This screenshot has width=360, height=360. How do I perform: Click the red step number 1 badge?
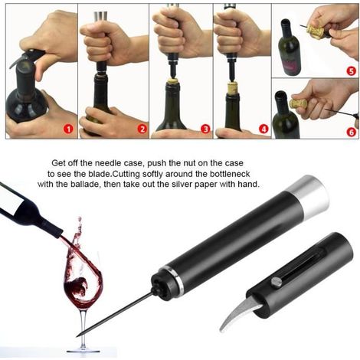[x=68, y=129]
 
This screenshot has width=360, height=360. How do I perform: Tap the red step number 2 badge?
[x=142, y=129]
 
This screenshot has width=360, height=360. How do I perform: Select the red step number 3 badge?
[x=206, y=129]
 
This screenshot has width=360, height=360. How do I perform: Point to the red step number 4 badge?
[x=263, y=129]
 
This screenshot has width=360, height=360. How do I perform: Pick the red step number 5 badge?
[x=352, y=70]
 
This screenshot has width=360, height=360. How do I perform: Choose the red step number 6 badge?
[x=352, y=132]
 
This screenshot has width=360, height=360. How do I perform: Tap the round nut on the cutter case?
[x=277, y=283]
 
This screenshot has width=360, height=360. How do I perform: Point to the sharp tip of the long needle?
[x=77, y=336]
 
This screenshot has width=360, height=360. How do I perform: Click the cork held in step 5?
[x=316, y=31]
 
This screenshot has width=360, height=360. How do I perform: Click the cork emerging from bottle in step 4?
[x=234, y=87]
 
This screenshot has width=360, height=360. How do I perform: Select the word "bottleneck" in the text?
[x=230, y=174]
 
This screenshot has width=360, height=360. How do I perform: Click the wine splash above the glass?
[x=77, y=235]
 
